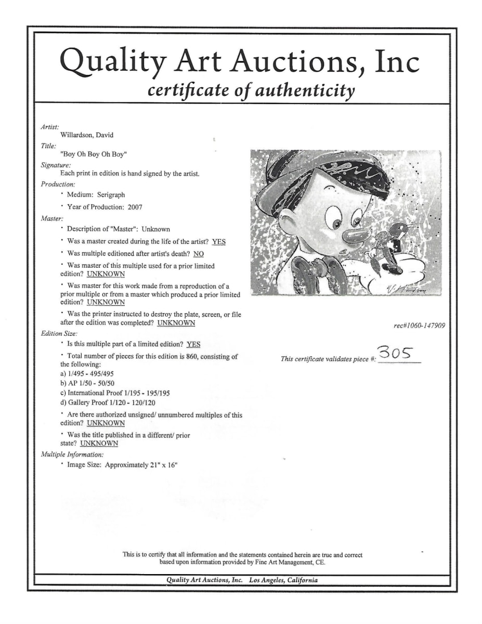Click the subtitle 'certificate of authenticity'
click(x=252, y=90)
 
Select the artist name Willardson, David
click(x=87, y=135)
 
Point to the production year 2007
click(x=134, y=207)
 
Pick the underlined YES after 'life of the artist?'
click(x=218, y=242)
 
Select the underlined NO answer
click(x=199, y=254)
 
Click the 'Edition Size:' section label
click(x=59, y=333)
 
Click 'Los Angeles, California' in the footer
click(x=283, y=580)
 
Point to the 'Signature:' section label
click(x=56, y=165)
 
